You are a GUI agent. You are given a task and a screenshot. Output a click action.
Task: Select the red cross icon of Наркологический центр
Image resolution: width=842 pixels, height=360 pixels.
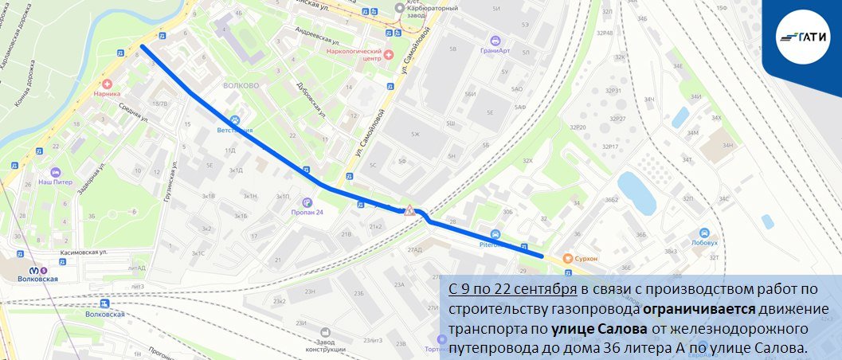pos(389,54)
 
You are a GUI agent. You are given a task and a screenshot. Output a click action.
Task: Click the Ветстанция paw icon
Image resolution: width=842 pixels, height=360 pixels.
pos(234,118)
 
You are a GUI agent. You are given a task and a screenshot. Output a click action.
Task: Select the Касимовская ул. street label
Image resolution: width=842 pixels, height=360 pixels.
pos(84,252)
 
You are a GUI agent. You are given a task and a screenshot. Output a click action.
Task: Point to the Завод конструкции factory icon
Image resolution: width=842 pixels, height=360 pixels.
pos(324,331)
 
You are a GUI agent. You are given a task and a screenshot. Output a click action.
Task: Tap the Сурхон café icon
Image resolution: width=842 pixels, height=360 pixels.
pos(567,258)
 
